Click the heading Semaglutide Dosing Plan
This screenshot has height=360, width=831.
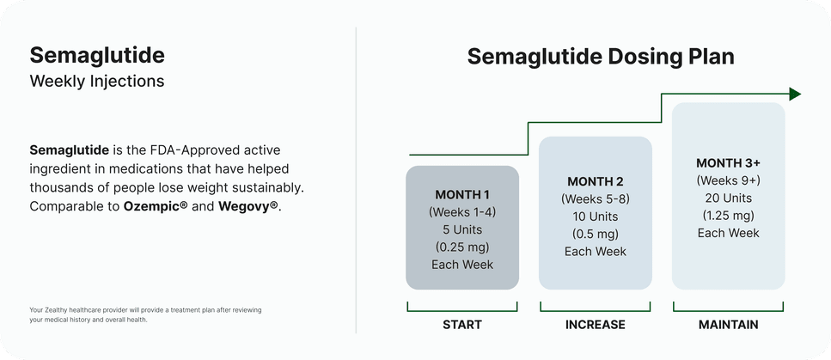[601, 57]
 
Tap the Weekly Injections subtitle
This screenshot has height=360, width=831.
[96, 82]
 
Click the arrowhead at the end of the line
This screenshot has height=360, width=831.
[795, 94]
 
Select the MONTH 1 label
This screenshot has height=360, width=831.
[462, 194]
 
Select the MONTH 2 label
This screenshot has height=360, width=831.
[595, 181]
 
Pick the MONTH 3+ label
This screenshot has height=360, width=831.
[728, 163]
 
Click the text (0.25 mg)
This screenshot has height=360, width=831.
[462, 247]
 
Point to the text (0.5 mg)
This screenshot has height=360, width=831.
[595, 234]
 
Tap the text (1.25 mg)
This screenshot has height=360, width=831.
[728, 216]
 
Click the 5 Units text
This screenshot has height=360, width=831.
[462, 229]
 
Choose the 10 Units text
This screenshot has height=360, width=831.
[595, 217]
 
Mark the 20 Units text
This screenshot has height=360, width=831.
[728, 198]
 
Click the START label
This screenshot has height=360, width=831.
[461, 325]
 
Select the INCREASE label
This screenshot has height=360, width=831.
[595, 325]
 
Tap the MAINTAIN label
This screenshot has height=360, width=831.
[728, 325]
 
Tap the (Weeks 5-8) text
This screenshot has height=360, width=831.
[595, 199]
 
